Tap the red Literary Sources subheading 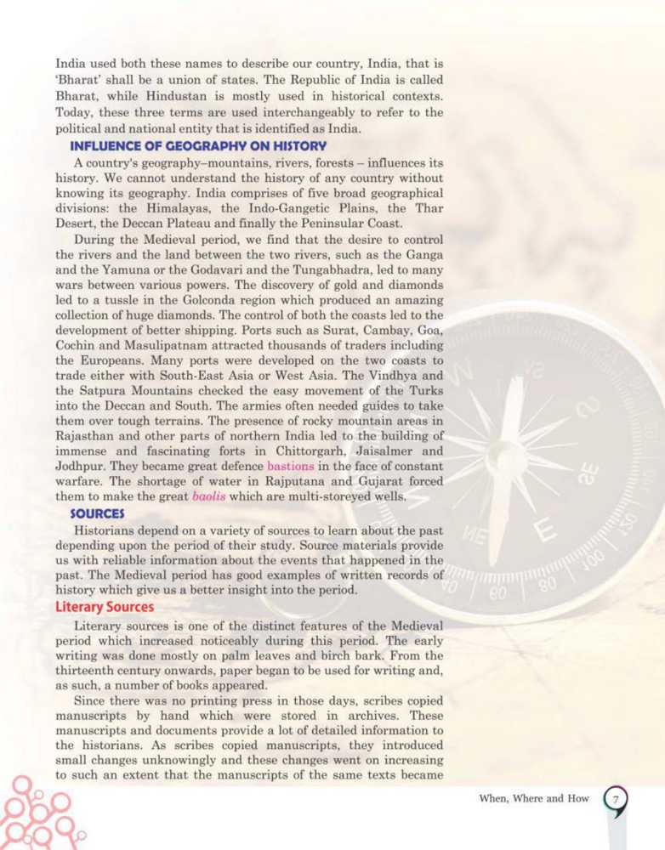pyautogui.click(x=105, y=607)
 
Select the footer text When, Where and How pyautogui.click(x=526, y=800)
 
